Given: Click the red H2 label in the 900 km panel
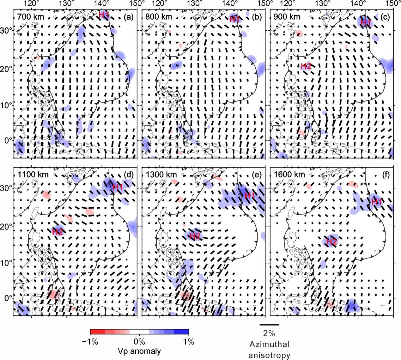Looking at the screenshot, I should tap(306, 66).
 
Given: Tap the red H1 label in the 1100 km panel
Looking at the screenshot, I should tap(118, 187).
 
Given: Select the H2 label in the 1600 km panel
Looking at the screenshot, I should tap(331, 242).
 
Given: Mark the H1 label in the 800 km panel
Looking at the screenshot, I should tap(235, 20).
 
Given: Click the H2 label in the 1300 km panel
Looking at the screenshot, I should tap(195, 235).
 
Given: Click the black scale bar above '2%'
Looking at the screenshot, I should tap(269, 324).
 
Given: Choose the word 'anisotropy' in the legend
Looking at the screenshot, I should tap(269, 355).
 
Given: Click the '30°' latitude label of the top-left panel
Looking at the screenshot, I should tap(7, 31).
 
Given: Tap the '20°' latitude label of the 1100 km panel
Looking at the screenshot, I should tap(7, 227).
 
